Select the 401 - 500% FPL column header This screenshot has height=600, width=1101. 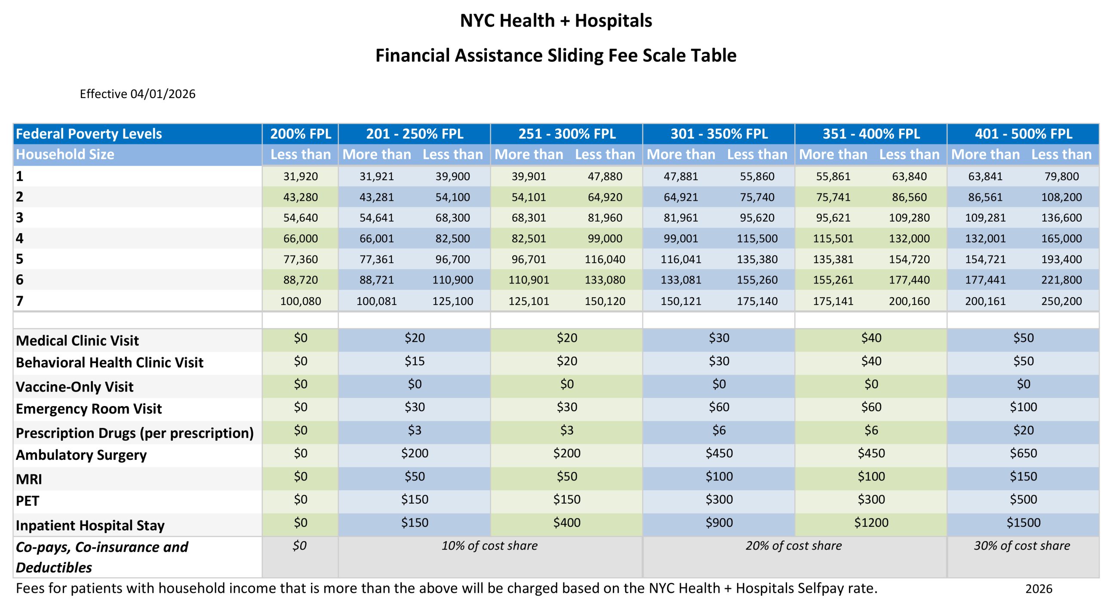tap(1023, 134)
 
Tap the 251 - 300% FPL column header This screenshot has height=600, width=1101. tap(566, 134)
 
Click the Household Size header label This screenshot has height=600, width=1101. tap(65, 154)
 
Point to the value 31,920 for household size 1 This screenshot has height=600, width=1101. tap(300, 176)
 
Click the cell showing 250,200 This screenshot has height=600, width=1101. tap(1061, 301)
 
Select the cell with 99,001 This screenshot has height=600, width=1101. tap(680, 238)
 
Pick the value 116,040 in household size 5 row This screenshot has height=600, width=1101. tap(605, 259)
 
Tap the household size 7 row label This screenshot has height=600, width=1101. tap(20, 301)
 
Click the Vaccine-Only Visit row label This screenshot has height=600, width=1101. tap(74, 387)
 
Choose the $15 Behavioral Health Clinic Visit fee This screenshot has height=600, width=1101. tap(414, 361)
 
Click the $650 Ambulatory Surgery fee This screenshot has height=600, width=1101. tap(1023, 453)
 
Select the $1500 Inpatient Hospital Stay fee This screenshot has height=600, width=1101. tap(1023, 523)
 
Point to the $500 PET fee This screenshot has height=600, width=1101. tap(1023, 500)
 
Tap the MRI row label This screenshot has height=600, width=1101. tap(29, 479)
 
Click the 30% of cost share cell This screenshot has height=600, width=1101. tap(1022, 546)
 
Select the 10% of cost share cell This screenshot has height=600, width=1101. tap(489, 546)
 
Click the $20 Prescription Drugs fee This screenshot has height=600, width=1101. tap(1023, 430)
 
